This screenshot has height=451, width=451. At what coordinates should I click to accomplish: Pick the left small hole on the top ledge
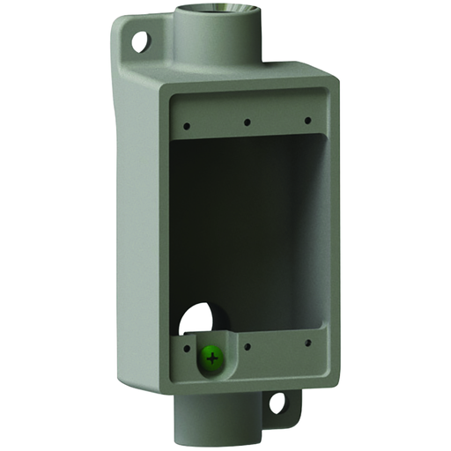click(x=186, y=126)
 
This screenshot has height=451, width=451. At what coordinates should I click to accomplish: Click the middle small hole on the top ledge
click(x=248, y=122)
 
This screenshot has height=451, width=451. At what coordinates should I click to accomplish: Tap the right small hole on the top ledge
click(x=307, y=120)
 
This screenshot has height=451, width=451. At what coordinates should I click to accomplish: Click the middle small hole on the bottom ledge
click(x=249, y=345)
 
